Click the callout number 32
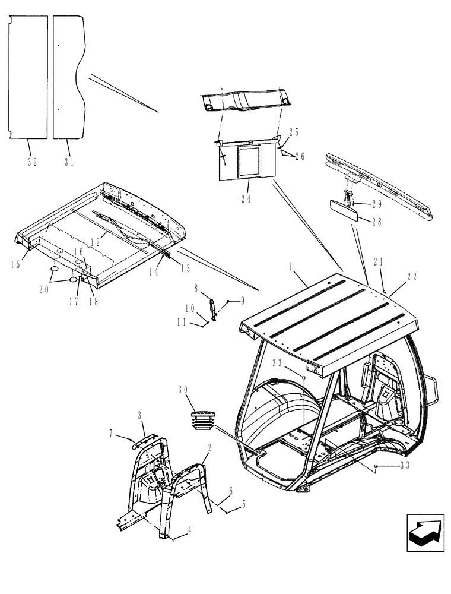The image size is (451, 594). point(32,162)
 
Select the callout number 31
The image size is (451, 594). point(69,162)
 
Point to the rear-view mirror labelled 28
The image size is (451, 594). point(342,210)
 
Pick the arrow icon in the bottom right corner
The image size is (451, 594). point(425,533)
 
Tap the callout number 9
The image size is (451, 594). point(242,301)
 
